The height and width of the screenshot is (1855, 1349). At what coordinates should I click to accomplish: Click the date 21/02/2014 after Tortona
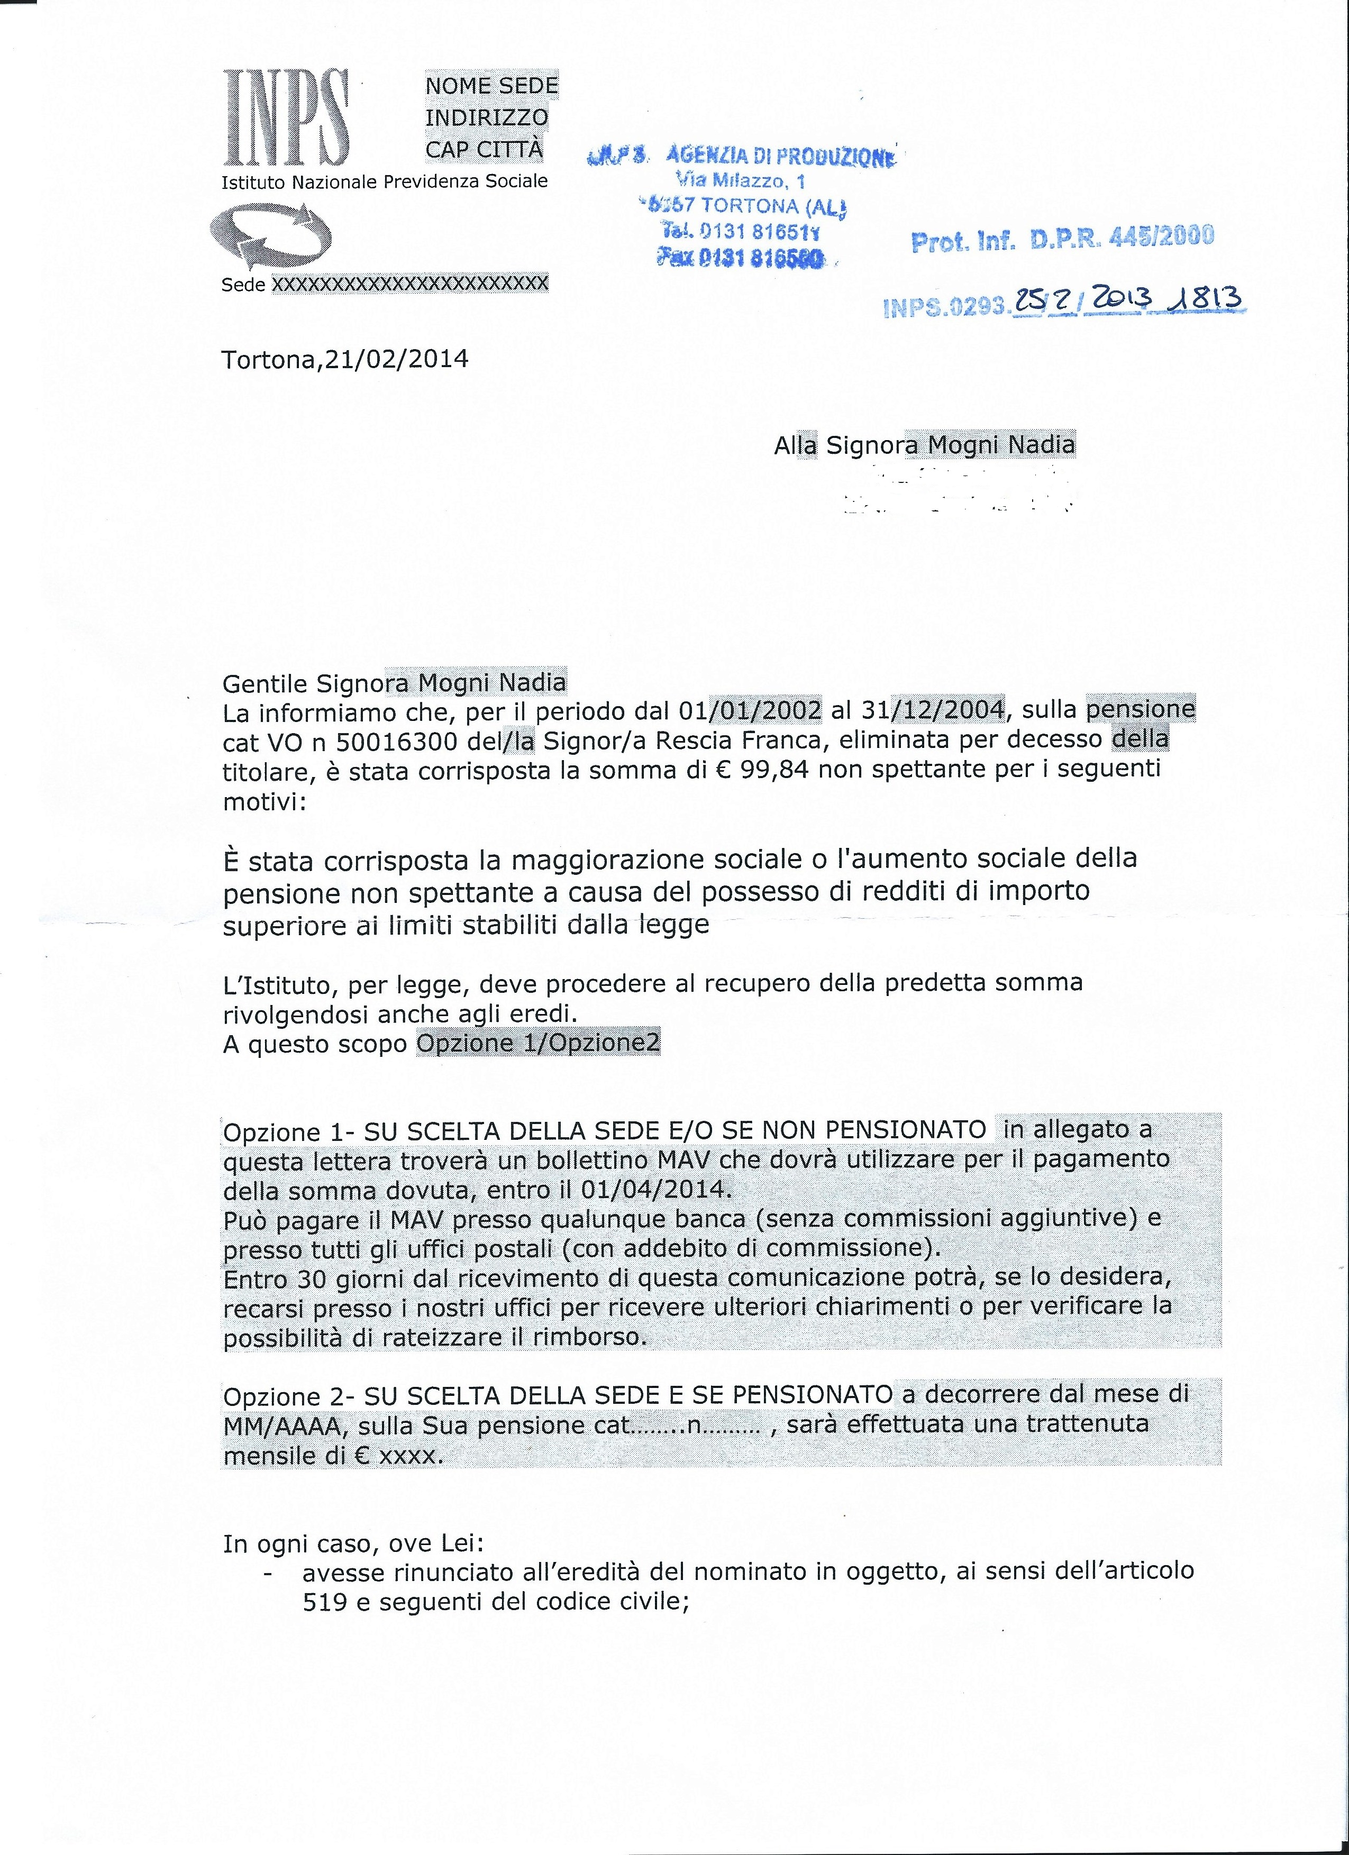tap(397, 359)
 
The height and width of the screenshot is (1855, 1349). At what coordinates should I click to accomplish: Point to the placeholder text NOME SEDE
tap(491, 86)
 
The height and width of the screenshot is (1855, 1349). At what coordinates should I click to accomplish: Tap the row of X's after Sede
tap(409, 284)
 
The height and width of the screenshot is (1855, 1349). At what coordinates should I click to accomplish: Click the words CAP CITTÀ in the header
tap(484, 150)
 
